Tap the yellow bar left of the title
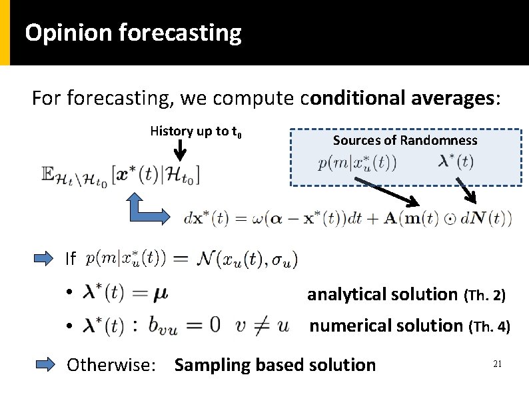tap(5, 32)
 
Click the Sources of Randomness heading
tap(404, 140)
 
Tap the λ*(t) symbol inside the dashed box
tap(456, 162)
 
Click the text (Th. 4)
tap(490, 327)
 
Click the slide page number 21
tap(496, 364)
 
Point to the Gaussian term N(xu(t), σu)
tap(248, 258)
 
